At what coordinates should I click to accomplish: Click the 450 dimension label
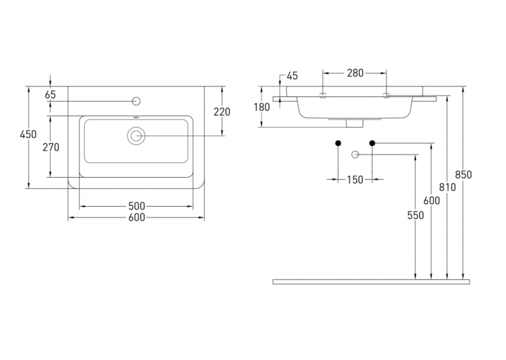28,134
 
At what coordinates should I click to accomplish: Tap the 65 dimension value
50,95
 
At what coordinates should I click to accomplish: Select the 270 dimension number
51,147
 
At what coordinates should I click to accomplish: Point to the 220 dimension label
222,112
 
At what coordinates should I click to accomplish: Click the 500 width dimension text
137,206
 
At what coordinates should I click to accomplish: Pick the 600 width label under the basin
137,218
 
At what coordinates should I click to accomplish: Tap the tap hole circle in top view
137,101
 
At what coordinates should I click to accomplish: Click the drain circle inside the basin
136,136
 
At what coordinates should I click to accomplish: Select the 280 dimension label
355,73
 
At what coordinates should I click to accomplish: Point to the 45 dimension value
293,76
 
